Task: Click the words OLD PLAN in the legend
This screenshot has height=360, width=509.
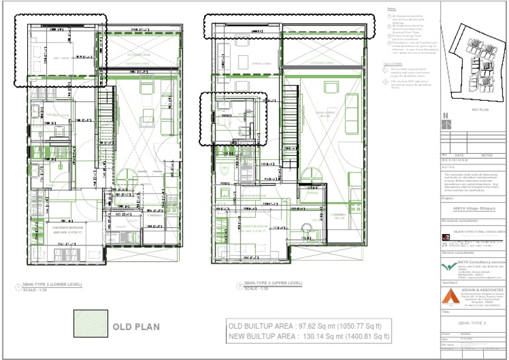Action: point(136,327)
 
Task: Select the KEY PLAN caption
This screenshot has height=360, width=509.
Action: point(479,110)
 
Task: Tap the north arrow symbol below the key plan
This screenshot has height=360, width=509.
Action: point(446,123)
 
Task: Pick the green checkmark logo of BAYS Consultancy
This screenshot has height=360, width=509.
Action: point(449,266)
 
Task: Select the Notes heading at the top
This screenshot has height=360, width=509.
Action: point(391,9)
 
